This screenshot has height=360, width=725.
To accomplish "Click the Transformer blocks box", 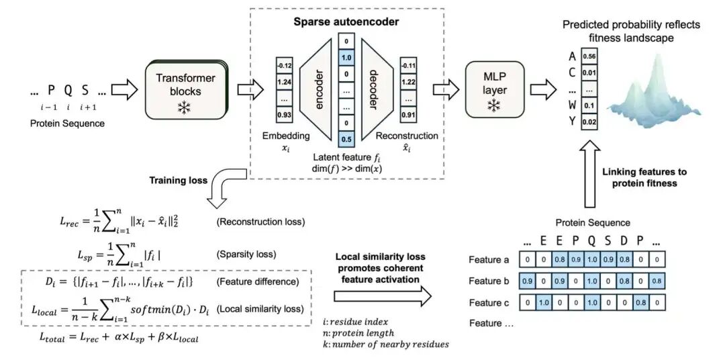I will click(185, 87).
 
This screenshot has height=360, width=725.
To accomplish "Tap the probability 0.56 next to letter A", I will click(589, 56).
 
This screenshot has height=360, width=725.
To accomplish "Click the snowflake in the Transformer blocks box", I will click(182, 108).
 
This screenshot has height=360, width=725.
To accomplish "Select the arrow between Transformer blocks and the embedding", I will click(248, 87).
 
